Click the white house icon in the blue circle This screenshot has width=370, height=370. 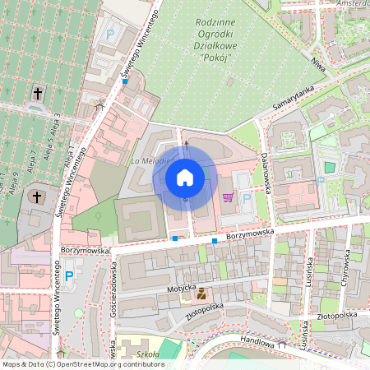pyautogui.click(x=185, y=178)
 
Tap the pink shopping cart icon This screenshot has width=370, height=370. pyautogui.click(x=228, y=197)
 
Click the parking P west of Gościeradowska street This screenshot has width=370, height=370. pyautogui.click(x=69, y=275)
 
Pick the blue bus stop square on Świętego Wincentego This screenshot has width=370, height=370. pyautogui.click(x=125, y=81)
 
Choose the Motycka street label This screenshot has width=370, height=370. pyautogui.click(x=181, y=288)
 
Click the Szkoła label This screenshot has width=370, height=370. pyautogui.click(x=149, y=354)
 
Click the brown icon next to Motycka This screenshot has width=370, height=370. pyautogui.click(x=201, y=293)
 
